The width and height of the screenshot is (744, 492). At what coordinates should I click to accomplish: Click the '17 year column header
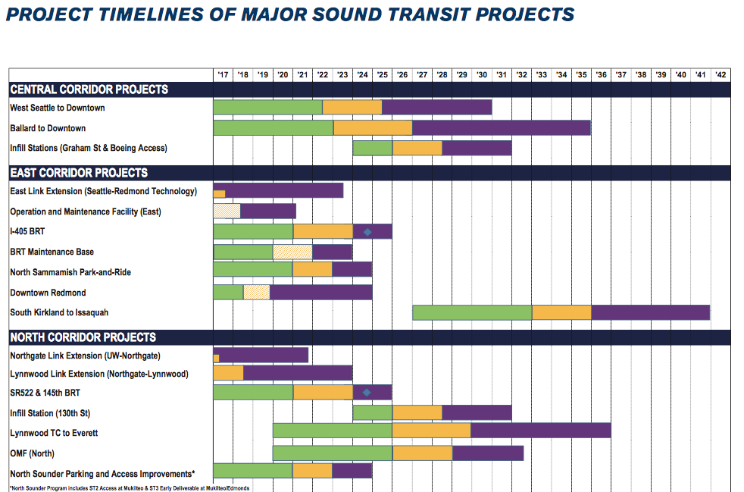click(x=223, y=75)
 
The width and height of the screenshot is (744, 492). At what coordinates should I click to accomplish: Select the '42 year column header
click(x=721, y=75)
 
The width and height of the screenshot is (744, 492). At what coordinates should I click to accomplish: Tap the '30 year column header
click(x=482, y=75)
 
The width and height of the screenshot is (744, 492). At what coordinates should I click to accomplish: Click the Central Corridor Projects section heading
click(x=89, y=89)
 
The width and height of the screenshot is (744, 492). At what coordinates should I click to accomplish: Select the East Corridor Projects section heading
click(x=79, y=173)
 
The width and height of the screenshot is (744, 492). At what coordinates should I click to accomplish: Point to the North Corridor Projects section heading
click(x=83, y=337)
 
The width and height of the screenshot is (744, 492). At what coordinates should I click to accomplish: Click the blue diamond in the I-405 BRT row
click(x=367, y=232)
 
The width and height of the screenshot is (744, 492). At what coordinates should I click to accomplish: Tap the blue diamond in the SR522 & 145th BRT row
click(x=367, y=393)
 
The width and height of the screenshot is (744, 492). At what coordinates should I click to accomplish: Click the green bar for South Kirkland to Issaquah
click(x=472, y=312)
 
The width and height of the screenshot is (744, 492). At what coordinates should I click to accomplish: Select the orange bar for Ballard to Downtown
click(x=373, y=128)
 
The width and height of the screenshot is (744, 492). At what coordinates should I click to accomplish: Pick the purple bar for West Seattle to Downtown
click(x=436, y=108)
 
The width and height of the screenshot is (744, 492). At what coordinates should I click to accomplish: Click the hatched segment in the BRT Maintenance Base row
click(x=292, y=252)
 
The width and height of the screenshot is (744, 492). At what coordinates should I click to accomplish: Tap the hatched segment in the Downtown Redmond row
click(x=256, y=293)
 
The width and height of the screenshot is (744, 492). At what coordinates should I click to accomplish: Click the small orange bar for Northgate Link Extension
click(x=216, y=359)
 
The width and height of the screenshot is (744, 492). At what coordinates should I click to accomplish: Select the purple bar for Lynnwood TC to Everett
click(x=540, y=431)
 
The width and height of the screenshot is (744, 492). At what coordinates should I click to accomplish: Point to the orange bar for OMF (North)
click(x=422, y=453)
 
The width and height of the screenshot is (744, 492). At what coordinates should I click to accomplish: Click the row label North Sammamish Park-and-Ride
click(x=70, y=272)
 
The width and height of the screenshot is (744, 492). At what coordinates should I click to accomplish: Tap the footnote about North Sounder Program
click(x=130, y=487)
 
